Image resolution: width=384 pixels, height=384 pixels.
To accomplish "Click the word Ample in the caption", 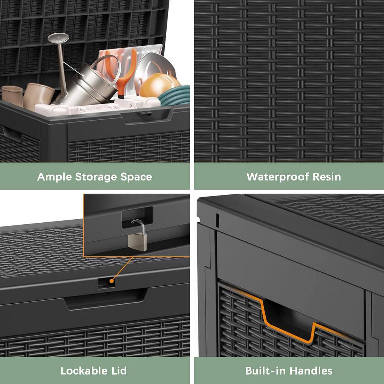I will coord(55,177).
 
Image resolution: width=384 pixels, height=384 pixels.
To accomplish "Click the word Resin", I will coord(326,177).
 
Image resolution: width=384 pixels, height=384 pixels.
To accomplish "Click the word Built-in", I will coord(266,371).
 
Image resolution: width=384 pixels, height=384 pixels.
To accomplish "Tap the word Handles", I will coord(311,371).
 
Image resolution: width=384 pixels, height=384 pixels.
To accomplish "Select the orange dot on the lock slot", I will coord(111,281).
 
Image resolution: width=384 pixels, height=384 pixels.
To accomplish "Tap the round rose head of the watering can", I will coord(58,38).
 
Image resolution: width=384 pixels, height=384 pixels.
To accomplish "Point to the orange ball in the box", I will coord(158,86).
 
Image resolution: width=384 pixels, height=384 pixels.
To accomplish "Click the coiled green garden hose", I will coord(176,96).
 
